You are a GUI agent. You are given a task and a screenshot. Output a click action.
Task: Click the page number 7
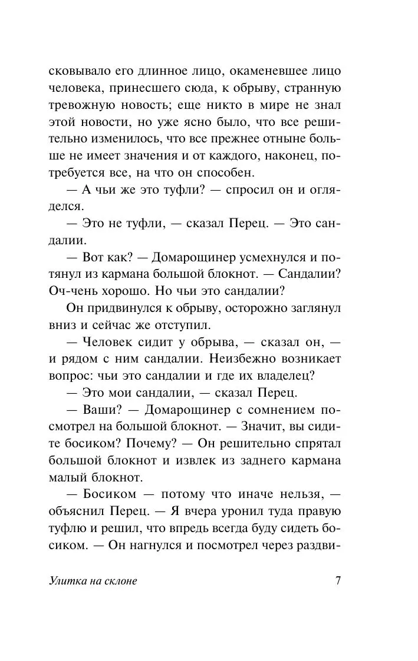coord(338,580)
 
